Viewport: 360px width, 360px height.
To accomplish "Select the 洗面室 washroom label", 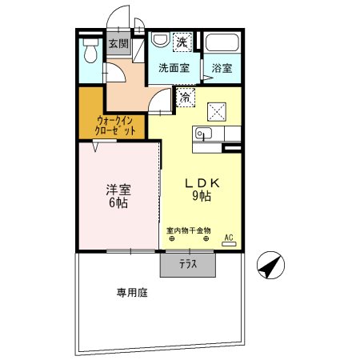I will click(173, 68).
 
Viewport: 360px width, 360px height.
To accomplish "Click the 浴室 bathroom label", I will click(222, 69).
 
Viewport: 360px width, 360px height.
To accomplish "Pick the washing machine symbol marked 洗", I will click(182, 42).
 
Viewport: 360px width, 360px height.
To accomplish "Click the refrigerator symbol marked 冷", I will click(186, 98).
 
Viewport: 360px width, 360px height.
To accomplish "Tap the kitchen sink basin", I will click(202, 134).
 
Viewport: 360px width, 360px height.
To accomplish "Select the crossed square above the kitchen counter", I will click(217, 112).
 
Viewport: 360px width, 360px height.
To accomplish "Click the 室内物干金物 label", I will click(188, 230).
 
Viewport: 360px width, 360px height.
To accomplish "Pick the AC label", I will click(229, 238).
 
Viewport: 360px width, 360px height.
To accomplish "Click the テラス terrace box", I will click(188, 263).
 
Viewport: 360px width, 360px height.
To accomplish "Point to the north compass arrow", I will click(270, 265).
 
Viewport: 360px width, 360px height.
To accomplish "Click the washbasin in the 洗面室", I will click(159, 41).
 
